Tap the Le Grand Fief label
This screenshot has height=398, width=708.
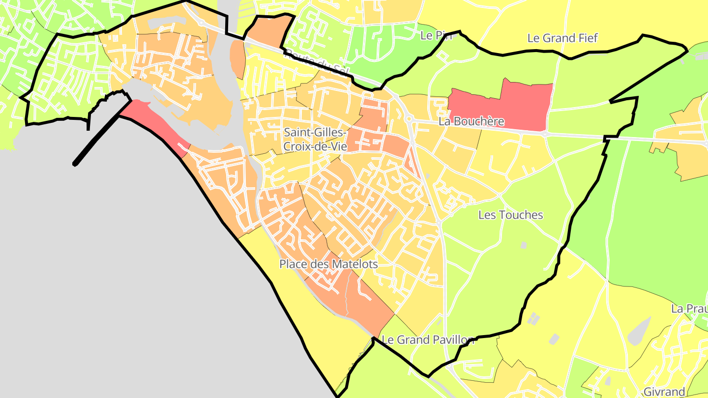coord(562,38)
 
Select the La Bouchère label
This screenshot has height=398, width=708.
coord(471,121)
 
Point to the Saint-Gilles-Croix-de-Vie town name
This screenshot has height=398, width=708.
coord(315,140)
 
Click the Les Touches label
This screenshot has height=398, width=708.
coord(511,215)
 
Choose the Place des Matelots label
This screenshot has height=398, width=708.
coord(328,264)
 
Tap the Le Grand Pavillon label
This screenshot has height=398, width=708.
coord(428,340)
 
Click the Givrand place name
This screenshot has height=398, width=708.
coord(664,392)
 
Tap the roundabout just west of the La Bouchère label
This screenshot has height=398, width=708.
coord(409,118)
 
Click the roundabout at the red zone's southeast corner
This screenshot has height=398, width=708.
coord(545,133)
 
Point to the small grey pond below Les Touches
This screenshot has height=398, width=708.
coord(524,245)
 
